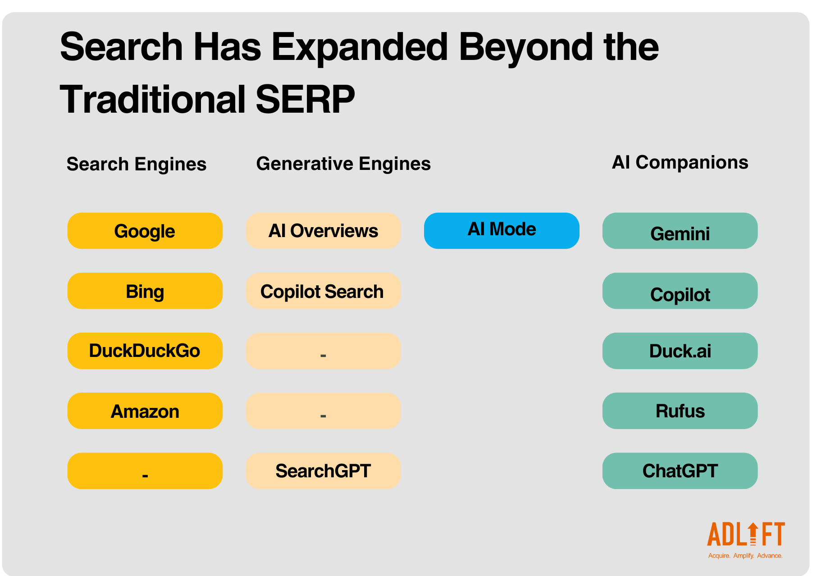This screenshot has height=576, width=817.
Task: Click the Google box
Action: pos(145,231)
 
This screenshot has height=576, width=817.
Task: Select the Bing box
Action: pos(145,291)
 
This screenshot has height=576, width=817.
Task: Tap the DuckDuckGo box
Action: pos(145,351)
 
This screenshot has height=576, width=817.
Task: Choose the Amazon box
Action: pos(145,411)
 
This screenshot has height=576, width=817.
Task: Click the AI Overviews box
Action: pos(323,231)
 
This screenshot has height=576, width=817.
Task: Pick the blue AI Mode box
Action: pos(502,231)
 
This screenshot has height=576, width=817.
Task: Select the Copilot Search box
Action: pos(323,291)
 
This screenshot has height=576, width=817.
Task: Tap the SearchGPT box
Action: pos(323,471)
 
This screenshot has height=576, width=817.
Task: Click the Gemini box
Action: pos(680,231)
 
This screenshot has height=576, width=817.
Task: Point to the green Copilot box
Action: pos(680,291)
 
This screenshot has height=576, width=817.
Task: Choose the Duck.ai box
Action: pos(680,351)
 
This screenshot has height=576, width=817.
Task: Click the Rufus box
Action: pos(680,411)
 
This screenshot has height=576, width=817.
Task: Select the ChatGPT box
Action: pos(680,471)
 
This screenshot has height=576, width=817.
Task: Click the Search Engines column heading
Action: pos(137,165)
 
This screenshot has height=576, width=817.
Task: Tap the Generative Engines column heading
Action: pos(343,164)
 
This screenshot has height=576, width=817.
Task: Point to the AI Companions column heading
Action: pos(680,163)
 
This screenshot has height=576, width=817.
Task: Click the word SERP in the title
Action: pos(305,99)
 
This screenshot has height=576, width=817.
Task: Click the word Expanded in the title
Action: pos(360,47)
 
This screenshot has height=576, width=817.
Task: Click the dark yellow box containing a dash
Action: pos(145,471)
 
